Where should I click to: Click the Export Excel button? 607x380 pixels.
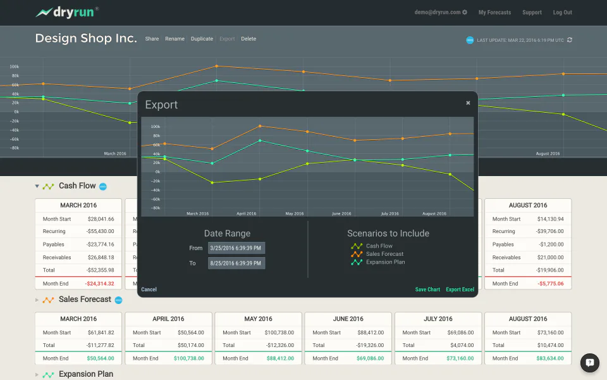click(x=460, y=289)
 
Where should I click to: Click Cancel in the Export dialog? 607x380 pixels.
click(x=149, y=289)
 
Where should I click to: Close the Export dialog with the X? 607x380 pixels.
click(x=468, y=103)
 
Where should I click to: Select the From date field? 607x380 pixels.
click(x=236, y=248)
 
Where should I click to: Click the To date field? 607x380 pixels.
click(x=236, y=263)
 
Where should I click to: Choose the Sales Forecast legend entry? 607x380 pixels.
click(x=384, y=254)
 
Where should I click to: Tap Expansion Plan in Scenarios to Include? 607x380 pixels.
click(x=385, y=262)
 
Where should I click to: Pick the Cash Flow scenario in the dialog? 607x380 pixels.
click(x=379, y=246)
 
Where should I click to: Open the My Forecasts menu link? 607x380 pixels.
click(x=494, y=12)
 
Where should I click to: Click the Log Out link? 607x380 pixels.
click(x=562, y=12)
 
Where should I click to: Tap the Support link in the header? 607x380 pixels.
click(x=532, y=12)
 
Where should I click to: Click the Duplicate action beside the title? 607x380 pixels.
click(x=202, y=39)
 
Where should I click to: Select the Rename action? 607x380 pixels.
click(x=175, y=39)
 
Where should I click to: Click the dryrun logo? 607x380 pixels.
click(x=66, y=12)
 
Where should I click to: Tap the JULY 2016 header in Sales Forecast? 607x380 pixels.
click(x=438, y=319)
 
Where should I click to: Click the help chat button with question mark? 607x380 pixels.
click(x=589, y=362)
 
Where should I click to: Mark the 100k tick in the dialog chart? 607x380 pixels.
click(x=155, y=126)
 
